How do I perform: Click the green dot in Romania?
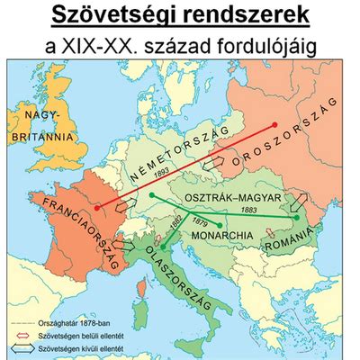[296, 217]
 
